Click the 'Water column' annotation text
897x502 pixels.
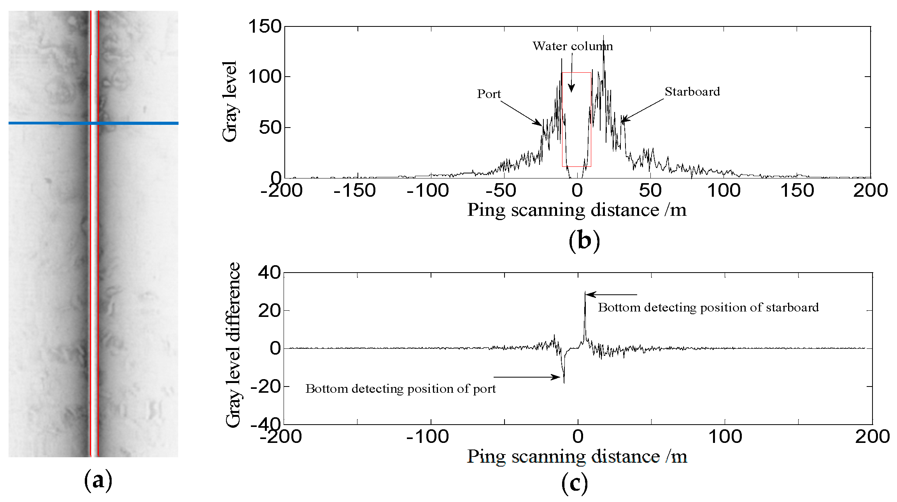[x=572, y=46]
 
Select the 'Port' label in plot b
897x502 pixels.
[x=489, y=94]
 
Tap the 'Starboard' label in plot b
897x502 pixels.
[x=692, y=92]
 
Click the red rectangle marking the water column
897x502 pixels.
[x=576, y=73]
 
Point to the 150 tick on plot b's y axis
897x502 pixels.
[x=265, y=27]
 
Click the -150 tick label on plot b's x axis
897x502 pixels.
[x=354, y=191]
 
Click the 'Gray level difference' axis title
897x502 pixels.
[x=233, y=345]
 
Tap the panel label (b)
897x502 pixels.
[x=584, y=241]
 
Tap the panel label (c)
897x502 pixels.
[x=575, y=484]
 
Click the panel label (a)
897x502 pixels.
[x=98, y=481]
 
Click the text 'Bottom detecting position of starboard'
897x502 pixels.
[x=708, y=308]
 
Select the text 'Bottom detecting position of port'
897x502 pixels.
[x=400, y=389]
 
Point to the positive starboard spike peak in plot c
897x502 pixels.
[x=585, y=292]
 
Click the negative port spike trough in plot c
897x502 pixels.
[x=564, y=383]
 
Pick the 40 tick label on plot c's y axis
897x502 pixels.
[x=269, y=273]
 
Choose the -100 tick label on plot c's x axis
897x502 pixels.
[x=427, y=437]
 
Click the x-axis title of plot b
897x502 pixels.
[x=576, y=210]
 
